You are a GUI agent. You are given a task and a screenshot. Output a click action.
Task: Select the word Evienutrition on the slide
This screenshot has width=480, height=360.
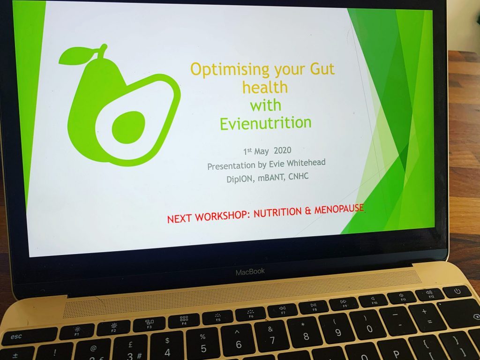point(265,123)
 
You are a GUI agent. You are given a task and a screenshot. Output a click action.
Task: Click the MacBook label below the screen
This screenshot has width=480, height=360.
point(250,271)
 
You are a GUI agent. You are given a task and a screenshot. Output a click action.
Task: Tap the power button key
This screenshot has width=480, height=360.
point(457,292)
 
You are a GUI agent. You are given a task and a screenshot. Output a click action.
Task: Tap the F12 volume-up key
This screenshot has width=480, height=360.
point(429,294)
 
